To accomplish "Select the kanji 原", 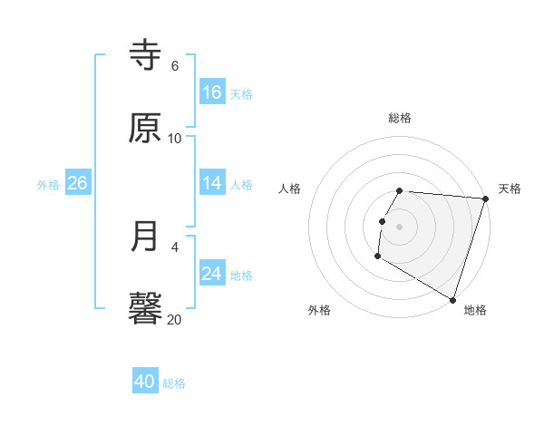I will [x=146, y=128].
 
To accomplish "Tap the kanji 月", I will [x=146, y=237].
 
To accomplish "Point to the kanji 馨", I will [x=146, y=308].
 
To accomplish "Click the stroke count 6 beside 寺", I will [x=175, y=66].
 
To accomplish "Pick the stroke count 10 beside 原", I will [x=175, y=139].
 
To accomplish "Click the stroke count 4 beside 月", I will [x=175, y=247].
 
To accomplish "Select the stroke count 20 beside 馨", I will [x=175, y=319].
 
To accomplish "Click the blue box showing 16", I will [x=212, y=92].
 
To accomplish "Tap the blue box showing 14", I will [x=212, y=184].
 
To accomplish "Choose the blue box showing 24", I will [x=212, y=274].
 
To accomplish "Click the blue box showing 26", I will [x=77, y=184].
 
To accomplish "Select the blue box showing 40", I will [x=145, y=382].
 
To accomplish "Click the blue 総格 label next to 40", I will [x=175, y=383].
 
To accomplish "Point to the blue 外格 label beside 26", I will [x=48, y=185].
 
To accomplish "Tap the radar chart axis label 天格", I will [x=510, y=189].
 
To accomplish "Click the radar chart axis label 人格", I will [x=289, y=189].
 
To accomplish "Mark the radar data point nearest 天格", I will [x=485, y=198].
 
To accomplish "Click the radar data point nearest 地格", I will [x=452, y=299].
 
